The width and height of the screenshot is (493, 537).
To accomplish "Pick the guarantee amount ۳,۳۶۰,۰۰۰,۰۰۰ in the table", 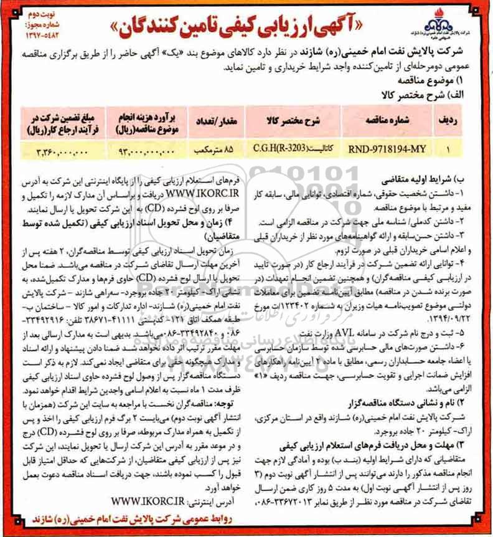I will [58, 150].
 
